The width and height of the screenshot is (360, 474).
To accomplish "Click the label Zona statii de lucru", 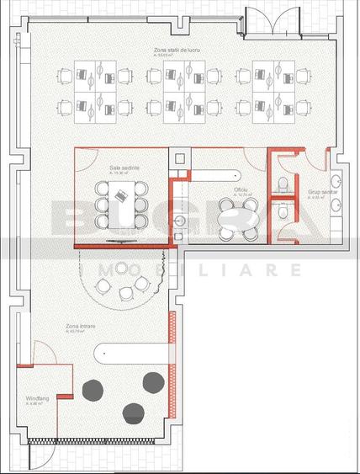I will tap(176, 51).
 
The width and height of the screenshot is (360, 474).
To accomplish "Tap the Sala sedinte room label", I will tap(112, 169).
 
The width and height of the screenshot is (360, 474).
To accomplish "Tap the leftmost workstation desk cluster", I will tap(94, 88).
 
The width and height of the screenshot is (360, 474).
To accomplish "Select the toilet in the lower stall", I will tap(283, 226).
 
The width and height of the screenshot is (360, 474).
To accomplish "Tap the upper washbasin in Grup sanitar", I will tap(336, 180).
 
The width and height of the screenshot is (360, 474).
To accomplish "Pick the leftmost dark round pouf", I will tap(94, 388).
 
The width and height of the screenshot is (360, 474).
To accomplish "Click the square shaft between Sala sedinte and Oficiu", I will tap(179, 158).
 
